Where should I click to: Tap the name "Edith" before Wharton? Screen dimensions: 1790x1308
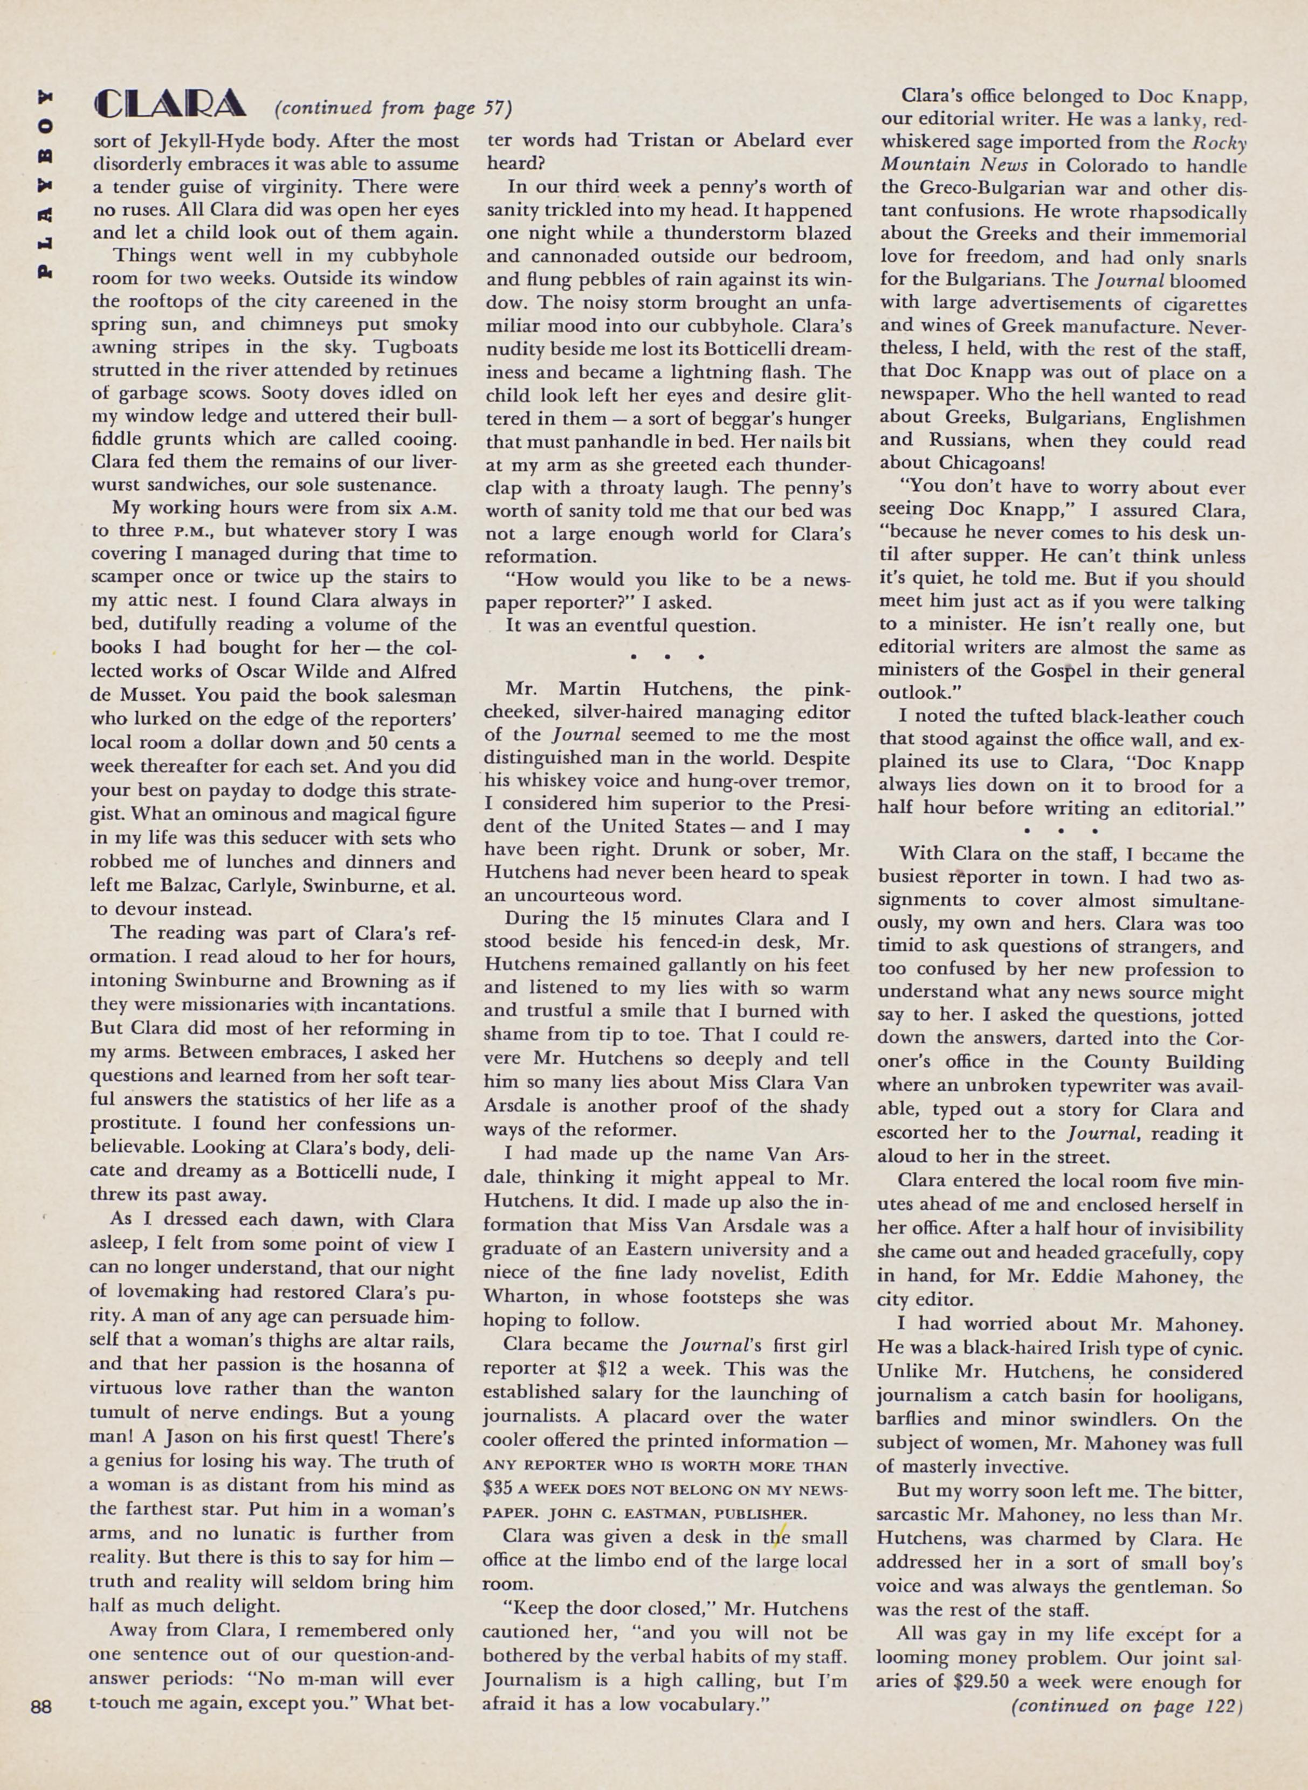[821, 1274]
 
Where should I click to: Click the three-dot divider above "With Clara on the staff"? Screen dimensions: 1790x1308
[1059, 831]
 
